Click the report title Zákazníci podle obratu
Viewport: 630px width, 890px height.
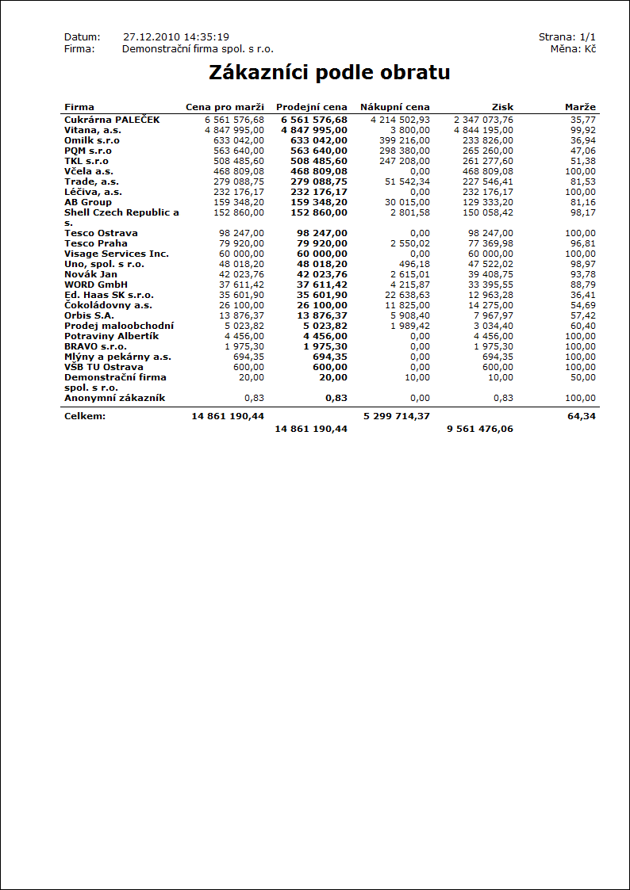(x=329, y=73)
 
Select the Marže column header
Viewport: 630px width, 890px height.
(x=580, y=107)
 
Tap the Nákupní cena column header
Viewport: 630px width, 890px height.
(x=394, y=107)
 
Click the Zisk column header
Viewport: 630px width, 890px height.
(x=503, y=107)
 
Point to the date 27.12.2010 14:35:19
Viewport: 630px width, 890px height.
(x=176, y=37)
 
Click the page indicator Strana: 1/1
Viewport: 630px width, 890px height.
(x=567, y=37)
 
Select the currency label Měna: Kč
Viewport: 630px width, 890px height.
(x=573, y=49)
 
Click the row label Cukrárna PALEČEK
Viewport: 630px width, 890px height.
(x=112, y=120)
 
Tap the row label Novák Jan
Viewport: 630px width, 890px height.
(x=90, y=274)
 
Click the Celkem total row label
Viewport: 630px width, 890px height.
(x=85, y=415)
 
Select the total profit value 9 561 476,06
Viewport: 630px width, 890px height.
(x=480, y=429)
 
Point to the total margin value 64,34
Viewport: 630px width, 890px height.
(x=582, y=415)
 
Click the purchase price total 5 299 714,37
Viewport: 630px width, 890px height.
(x=397, y=415)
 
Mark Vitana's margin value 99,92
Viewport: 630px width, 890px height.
(x=582, y=130)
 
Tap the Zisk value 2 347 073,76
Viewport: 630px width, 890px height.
(x=483, y=120)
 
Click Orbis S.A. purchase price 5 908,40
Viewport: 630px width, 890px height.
(x=410, y=315)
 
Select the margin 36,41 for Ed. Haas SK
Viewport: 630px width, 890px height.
(x=582, y=295)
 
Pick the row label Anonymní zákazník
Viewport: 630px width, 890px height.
(x=114, y=398)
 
